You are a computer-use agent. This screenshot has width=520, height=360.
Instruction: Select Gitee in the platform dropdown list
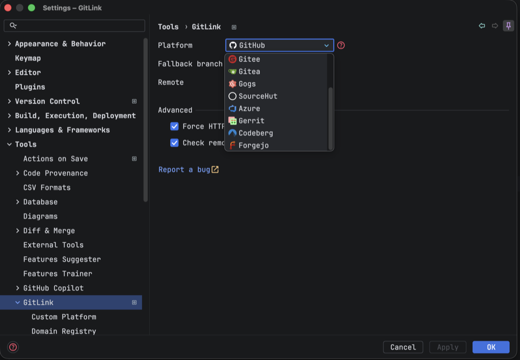(249, 60)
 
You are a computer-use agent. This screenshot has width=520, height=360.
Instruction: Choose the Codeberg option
(256, 133)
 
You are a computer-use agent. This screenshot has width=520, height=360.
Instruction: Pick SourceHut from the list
(258, 96)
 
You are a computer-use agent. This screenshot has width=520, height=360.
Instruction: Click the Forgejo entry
(253, 145)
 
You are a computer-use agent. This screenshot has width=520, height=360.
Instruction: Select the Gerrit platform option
(251, 121)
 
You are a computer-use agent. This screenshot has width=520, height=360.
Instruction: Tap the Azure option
(249, 108)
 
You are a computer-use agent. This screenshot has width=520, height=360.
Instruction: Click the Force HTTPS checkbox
(174, 126)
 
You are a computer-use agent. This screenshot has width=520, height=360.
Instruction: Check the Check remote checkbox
(174, 143)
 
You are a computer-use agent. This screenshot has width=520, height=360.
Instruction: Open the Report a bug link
(188, 170)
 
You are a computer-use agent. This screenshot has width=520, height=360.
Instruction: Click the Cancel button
(403, 347)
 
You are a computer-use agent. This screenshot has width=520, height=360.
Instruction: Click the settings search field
(74, 25)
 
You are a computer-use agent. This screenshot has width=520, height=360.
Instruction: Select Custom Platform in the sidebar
(64, 317)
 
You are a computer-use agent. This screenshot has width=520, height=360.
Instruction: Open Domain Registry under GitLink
(64, 331)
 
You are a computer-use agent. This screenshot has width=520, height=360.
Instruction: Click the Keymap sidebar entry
(28, 58)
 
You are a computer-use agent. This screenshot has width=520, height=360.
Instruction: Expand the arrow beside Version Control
(9, 101)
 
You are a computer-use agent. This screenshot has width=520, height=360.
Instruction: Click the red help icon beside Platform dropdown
(341, 45)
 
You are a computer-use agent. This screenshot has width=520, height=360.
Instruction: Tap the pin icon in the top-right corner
(509, 26)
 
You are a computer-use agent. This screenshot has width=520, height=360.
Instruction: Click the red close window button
(8, 8)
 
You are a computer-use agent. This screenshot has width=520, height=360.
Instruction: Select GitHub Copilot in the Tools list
(53, 288)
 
